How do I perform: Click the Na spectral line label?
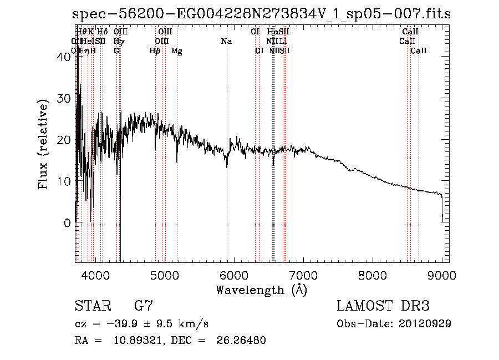point(226,41)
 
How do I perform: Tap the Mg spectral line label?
point(177,51)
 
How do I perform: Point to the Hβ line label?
point(155,51)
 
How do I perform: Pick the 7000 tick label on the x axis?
point(303,274)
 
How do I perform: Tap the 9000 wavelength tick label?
point(441,274)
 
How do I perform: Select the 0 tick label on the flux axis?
point(67,223)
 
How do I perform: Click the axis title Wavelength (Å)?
point(261,290)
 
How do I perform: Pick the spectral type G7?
point(143,306)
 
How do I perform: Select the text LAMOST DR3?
point(383,306)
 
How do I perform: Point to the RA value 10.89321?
point(138,340)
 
